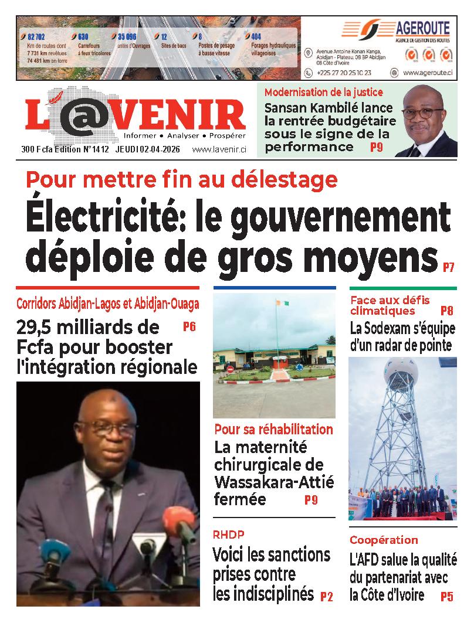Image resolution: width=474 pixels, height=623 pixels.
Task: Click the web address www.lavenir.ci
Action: pos(219,150)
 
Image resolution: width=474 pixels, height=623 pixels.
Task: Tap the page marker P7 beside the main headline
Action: pos(449,268)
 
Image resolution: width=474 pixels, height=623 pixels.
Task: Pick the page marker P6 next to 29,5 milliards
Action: pos(189,327)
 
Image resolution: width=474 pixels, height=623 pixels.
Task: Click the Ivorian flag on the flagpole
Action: pos(283,305)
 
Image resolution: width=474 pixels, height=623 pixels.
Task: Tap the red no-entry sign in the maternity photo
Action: pos(230,369)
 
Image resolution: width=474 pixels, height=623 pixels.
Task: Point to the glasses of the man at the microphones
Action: pos(108,430)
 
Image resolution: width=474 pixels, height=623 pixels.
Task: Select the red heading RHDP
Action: pos(229,535)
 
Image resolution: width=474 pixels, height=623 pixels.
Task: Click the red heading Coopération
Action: pos(384,540)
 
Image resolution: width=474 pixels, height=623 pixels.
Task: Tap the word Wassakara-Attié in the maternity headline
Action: pos(274,482)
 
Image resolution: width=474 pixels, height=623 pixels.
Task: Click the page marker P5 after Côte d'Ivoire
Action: pos(447,597)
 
